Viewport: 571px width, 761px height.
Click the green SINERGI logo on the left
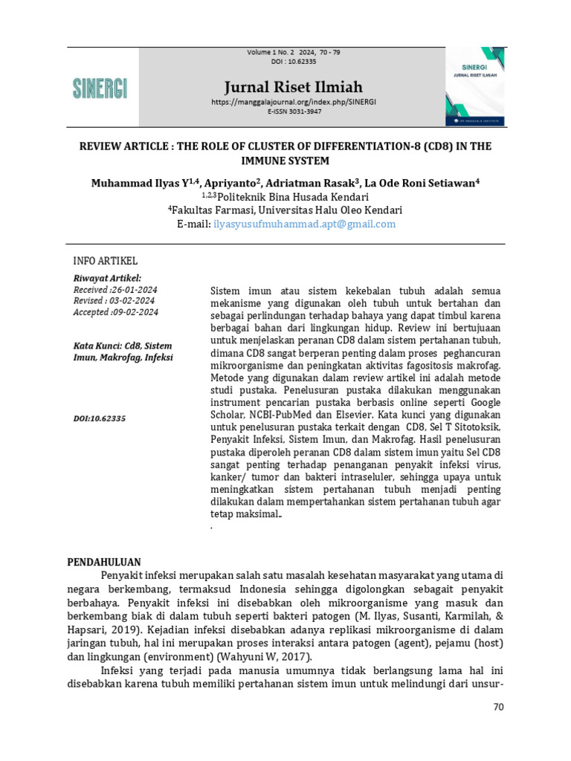pos(100,88)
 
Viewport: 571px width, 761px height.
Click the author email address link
pos(304,224)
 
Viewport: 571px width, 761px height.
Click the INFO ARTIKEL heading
pos(105,261)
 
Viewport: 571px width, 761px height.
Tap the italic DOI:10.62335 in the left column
pos(100,418)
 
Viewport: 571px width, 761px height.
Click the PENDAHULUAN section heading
pos(104,562)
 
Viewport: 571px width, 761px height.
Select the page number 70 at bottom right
pos(498,706)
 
